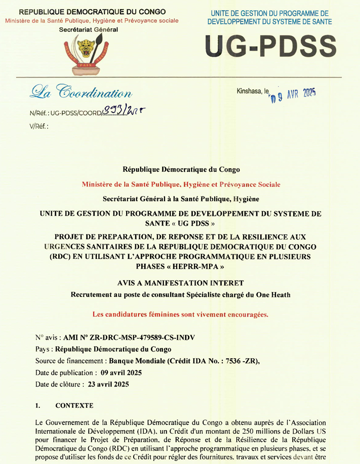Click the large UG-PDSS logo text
click(271, 47)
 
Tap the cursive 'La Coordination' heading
click(82, 92)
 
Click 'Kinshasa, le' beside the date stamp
click(252, 91)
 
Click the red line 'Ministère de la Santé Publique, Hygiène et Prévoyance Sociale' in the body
click(181, 185)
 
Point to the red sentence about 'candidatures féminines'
click(180, 314)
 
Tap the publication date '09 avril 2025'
click(121, 373)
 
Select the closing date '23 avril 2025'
click(108, 384)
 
